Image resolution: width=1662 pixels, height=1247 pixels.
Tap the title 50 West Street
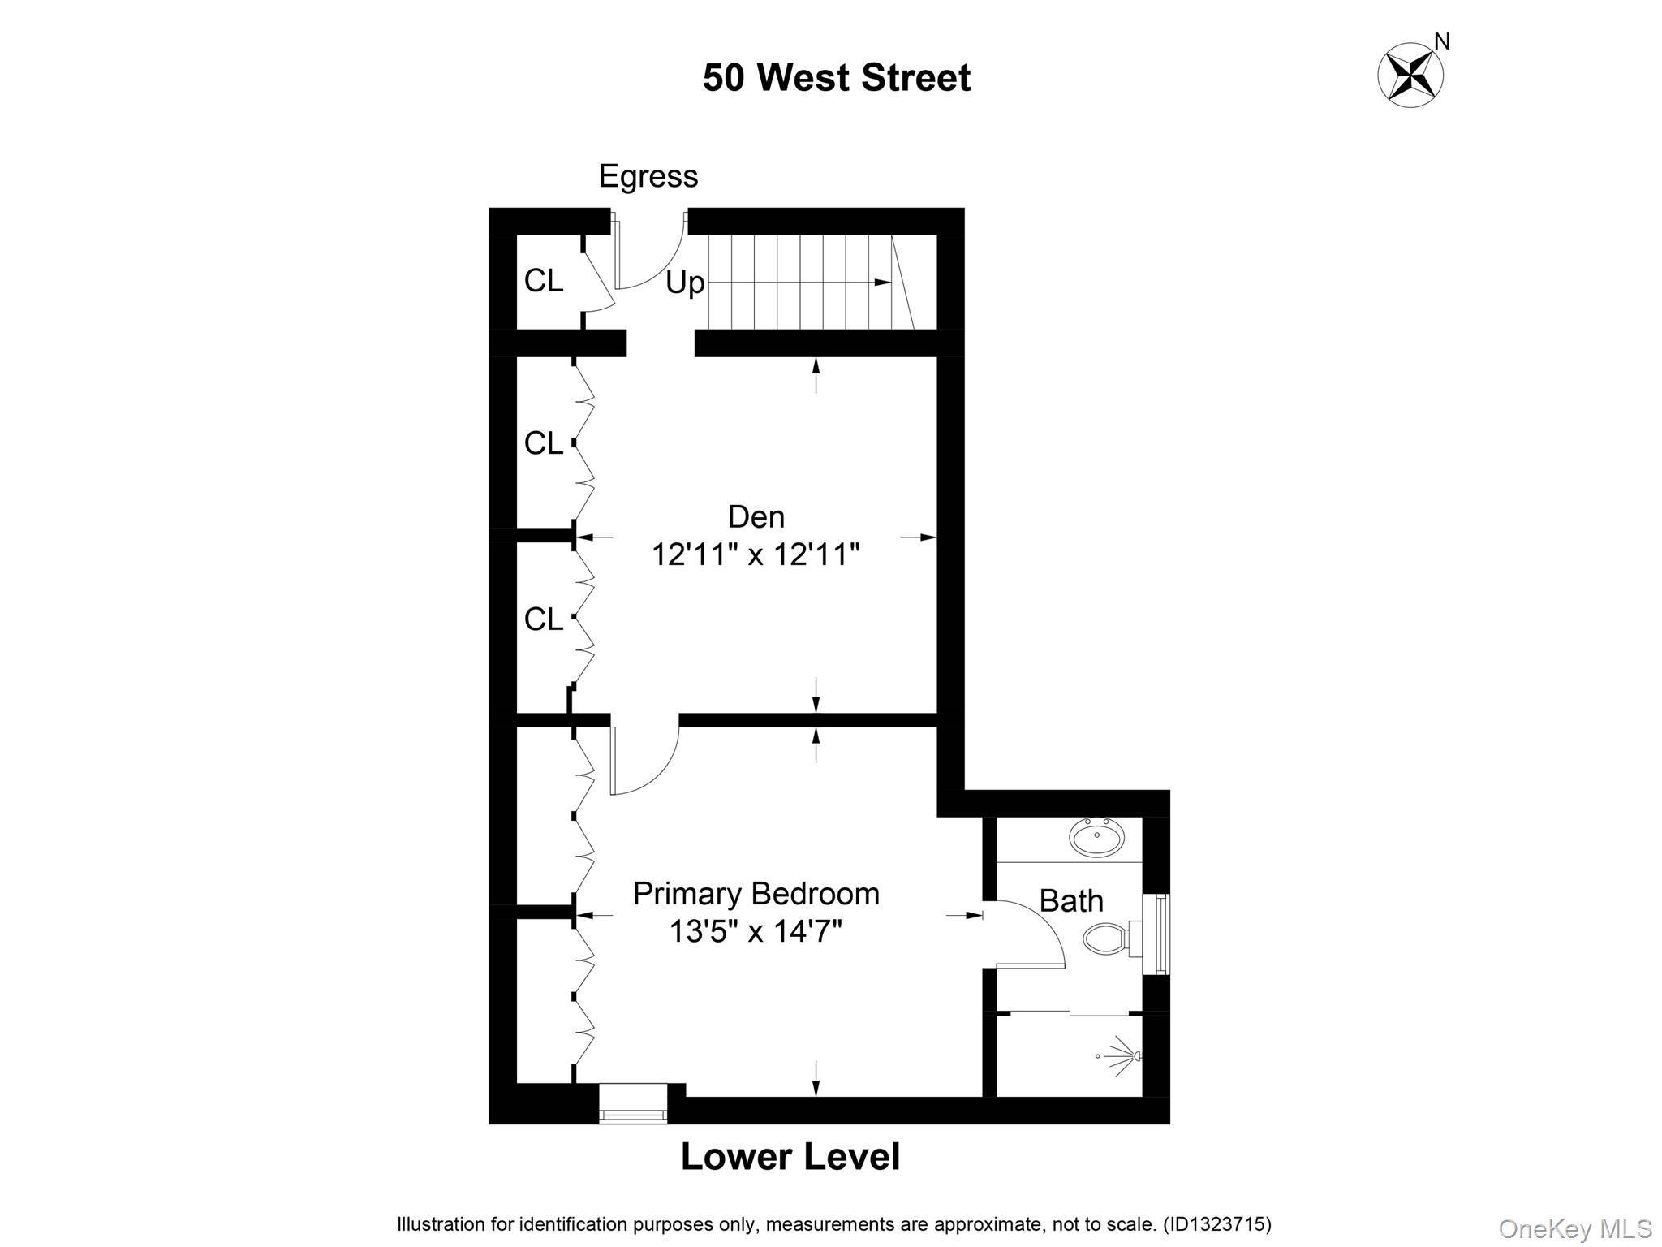[837, 78]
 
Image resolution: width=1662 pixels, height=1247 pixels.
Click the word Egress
[648, 176]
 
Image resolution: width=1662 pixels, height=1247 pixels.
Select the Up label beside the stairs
[685, 283]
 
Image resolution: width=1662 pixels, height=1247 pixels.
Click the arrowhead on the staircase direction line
[882, 282]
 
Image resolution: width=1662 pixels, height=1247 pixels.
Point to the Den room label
[756, 516]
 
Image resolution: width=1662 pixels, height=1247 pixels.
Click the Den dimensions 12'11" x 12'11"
[756, 555]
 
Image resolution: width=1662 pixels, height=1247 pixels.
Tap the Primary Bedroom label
[756, 893]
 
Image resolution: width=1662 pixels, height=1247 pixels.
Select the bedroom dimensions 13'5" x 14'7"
[756, 931]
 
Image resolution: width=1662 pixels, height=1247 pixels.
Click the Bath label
[1071, 900]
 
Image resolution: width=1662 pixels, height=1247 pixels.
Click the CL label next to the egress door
[543, 281]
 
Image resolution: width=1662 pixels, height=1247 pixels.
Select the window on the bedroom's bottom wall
[633, 1103]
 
